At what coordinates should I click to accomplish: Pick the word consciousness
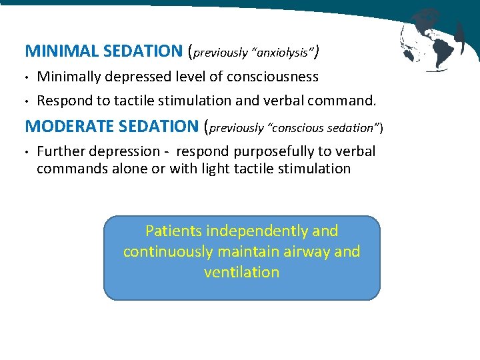[x=273, y=77]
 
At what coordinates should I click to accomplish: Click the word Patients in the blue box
[x=174, y=231]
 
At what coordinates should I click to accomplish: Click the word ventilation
[x=241, y=272]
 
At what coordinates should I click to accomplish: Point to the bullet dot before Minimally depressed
[x=27, y=77]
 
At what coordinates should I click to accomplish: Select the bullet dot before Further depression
[x=27, y=152]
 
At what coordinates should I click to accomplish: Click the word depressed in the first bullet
[x=141, y=77]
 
